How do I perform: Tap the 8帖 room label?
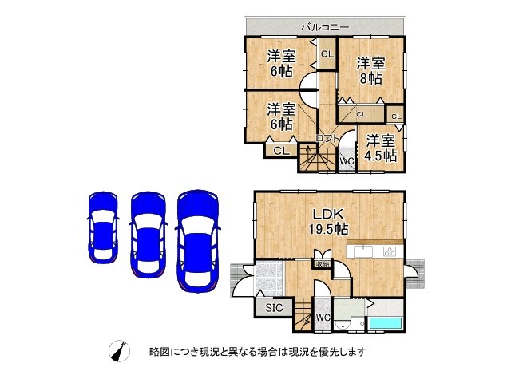(371, 71)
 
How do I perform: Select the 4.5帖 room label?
(380, 148)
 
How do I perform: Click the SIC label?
(272, 307)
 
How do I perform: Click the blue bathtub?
(386, 324)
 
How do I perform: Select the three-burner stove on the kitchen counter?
(390, 252)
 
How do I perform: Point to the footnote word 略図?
(158, 352)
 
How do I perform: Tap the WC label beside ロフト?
(347, 161)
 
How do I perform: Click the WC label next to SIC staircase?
(323, 318)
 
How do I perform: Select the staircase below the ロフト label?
(311, 158)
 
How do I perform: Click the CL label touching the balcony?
(327, 54)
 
